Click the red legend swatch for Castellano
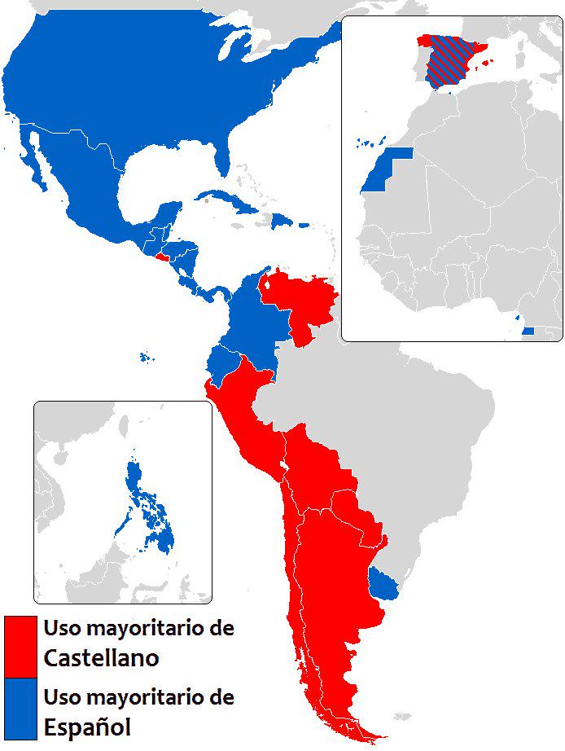pos(20,646)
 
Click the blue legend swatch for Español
pos(20,708)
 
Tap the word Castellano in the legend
pos(101,657)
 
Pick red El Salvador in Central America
pos(161,255)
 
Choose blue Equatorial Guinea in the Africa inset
pos(528,331)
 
